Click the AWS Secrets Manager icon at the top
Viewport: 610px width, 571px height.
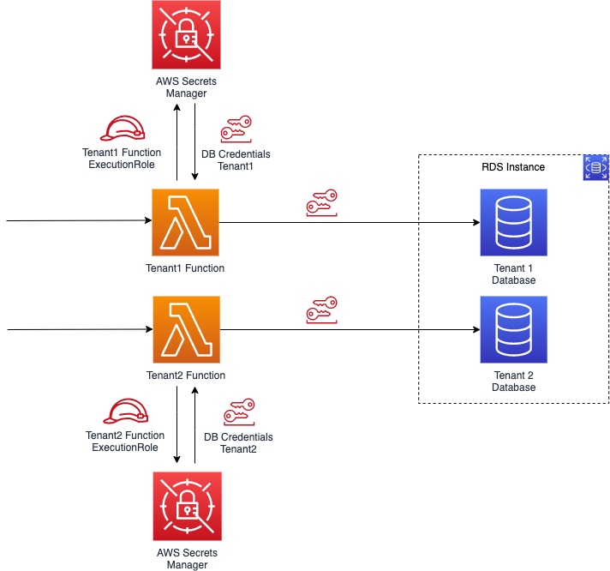[186, 33]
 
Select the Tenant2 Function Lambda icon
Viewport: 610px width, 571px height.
[186, 330]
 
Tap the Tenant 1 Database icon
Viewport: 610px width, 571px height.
[513, 223]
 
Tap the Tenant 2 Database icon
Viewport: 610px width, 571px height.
[513, 330]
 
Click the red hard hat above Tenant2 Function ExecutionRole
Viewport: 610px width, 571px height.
[123, 412]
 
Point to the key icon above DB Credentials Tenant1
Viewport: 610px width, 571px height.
[236, 129]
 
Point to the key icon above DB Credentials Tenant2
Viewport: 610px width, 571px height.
[237, 412]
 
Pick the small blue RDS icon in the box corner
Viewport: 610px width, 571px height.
[595, 167]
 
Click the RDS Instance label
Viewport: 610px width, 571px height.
[513, 167]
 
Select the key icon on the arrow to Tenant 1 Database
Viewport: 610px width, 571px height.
[321, 202]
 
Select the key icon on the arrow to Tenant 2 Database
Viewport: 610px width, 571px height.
[321, 310]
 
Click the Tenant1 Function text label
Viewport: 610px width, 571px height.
[186, 268]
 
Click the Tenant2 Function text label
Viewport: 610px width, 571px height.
[186, 376]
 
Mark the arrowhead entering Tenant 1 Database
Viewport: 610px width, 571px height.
[475, 223]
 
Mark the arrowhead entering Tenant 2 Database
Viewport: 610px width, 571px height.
[475, 330]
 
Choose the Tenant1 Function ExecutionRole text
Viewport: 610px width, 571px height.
[122, 159]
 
